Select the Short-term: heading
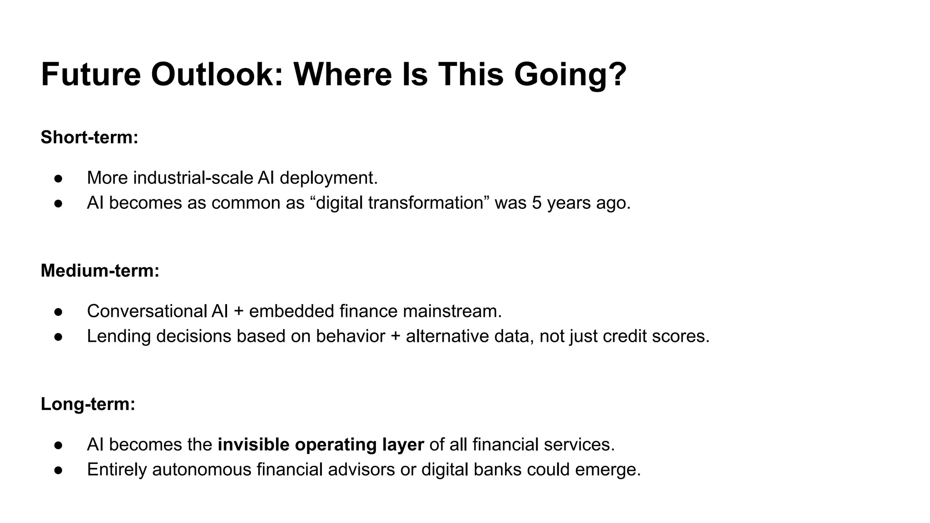[89, 137]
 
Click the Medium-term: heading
[100, 271]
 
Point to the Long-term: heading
[88, 404]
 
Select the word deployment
[328, 178]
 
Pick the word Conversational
[147, 311]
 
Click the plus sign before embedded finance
[238, 311]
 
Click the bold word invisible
[253, 444]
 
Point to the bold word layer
[403, 444]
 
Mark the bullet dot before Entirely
[58, 470]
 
